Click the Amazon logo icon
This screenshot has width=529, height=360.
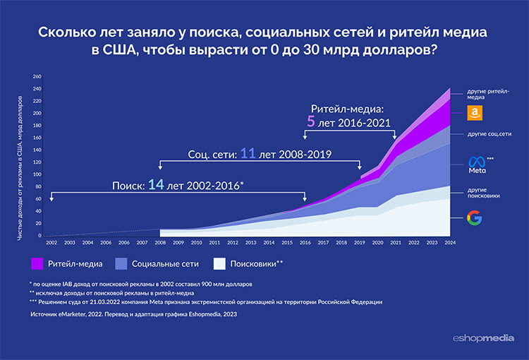click(475, 113)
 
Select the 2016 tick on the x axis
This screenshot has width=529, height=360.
click(305, 242)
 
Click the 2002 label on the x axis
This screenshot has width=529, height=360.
click(51, 242)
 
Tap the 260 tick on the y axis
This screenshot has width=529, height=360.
click(37, 76)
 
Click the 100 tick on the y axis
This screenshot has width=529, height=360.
click(37, 174)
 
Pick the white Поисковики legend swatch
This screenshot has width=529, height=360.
click(220, 263)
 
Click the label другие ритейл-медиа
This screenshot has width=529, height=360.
click(488, 95)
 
